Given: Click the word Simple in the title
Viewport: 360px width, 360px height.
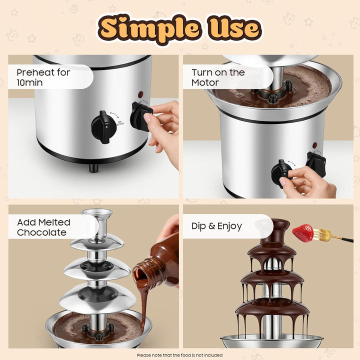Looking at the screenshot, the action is [x=149, y=28].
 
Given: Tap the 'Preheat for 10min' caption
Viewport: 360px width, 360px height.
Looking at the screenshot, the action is [x=43, y=77].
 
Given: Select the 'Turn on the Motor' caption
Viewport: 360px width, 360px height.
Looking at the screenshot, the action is [x=218, y=77].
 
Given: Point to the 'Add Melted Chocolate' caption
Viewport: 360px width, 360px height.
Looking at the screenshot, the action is [x=43, y=227].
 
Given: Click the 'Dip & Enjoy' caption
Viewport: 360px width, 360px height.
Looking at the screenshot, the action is [x=216, y=226].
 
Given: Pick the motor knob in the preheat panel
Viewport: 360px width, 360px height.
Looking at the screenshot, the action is [x=104, y=127].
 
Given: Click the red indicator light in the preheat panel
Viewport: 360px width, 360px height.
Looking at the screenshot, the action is [x=140, y=94].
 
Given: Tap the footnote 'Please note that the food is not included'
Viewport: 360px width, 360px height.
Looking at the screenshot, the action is [x=180, y=355].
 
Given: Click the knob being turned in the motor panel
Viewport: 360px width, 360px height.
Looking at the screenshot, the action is [x=282, y=173].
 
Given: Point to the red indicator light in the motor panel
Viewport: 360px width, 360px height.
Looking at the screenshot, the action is [x=315, y=145].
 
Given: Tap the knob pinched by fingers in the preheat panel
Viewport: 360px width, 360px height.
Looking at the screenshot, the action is [x=140, y=116].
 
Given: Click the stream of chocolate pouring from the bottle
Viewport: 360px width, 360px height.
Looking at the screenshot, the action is [x=143, y=303].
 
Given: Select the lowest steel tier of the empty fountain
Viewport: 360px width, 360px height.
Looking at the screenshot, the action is [x=98, y=298].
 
